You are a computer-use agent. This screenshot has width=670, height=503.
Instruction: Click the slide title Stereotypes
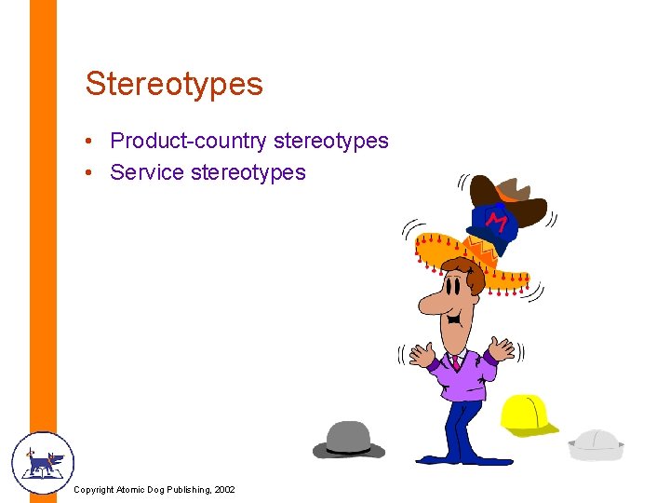click(174, 84)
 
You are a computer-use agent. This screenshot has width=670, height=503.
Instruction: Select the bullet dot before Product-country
click(86, 142)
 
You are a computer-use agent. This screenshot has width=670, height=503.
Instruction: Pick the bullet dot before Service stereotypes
click(86, 173)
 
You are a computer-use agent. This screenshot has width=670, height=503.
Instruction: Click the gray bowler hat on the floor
click(348, 439)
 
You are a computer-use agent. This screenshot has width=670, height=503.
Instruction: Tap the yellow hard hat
click(527, 415)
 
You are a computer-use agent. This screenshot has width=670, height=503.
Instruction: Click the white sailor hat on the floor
click(596, 443)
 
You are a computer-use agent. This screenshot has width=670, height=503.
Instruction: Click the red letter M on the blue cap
click(498, 222)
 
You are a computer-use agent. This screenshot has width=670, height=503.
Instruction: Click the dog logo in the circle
click(42, 462)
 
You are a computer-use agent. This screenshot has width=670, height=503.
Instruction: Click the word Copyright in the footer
click(94, 490)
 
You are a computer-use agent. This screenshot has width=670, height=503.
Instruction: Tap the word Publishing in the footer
click(185, 490)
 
